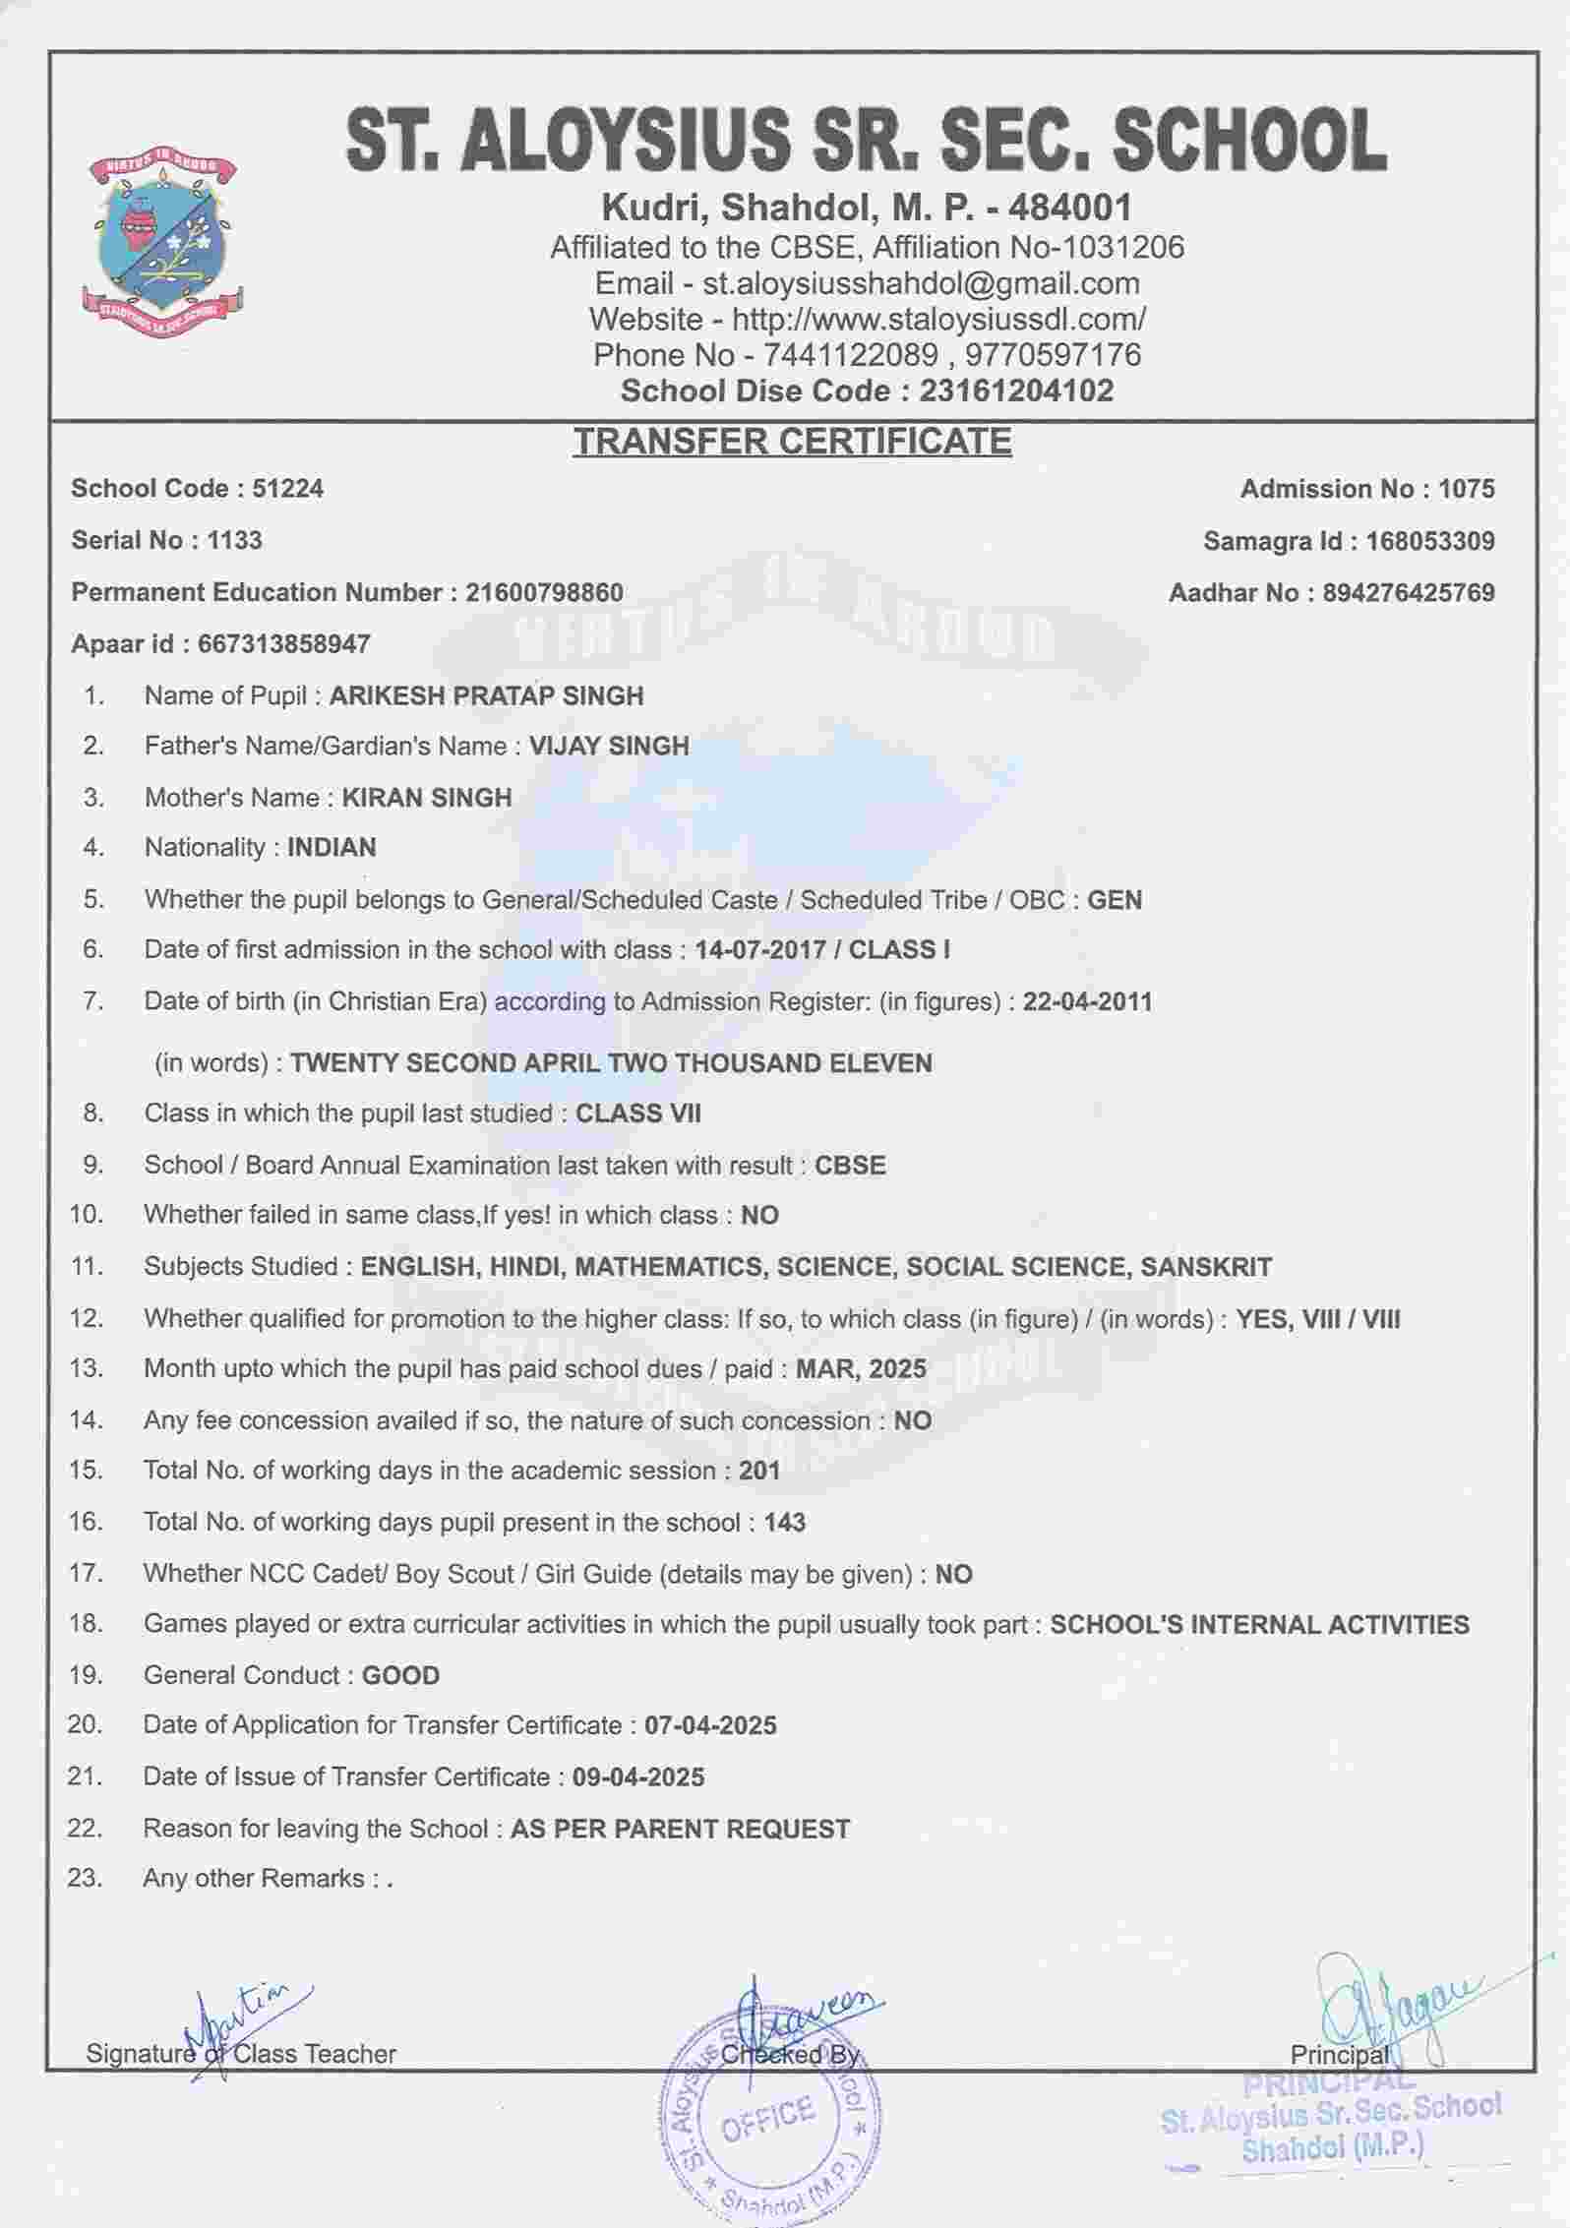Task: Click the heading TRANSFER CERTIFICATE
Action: (792, 441)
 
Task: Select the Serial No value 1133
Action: (234, 540)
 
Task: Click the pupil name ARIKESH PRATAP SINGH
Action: (486, 696)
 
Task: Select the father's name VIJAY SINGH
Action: (609, 747)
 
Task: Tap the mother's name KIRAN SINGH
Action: (426, 798)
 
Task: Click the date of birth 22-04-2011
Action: (1087, 1002)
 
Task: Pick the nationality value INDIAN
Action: (332, 848)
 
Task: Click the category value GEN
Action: (1115, 900)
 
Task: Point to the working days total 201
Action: (759, 1472)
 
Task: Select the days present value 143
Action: (784, 1523)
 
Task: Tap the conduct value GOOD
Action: (400, 1676)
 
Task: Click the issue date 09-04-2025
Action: (638, 1777)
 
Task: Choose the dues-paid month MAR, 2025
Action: (861, 1369)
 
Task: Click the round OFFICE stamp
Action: (769, 2115)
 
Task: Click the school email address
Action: (921, 283)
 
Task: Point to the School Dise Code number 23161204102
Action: (1016, 391)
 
